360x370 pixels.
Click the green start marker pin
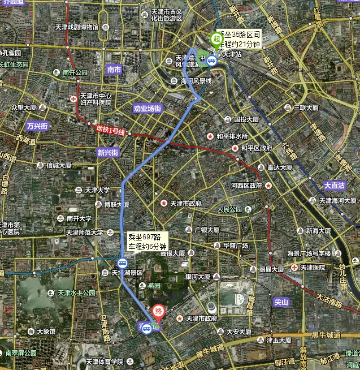215,40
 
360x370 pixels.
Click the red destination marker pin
159,312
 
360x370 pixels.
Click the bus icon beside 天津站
211,61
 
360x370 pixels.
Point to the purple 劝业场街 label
148,108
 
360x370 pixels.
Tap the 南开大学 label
79,218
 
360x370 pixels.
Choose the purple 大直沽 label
335,185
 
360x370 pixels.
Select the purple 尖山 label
281,302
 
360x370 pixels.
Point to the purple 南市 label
114,70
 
